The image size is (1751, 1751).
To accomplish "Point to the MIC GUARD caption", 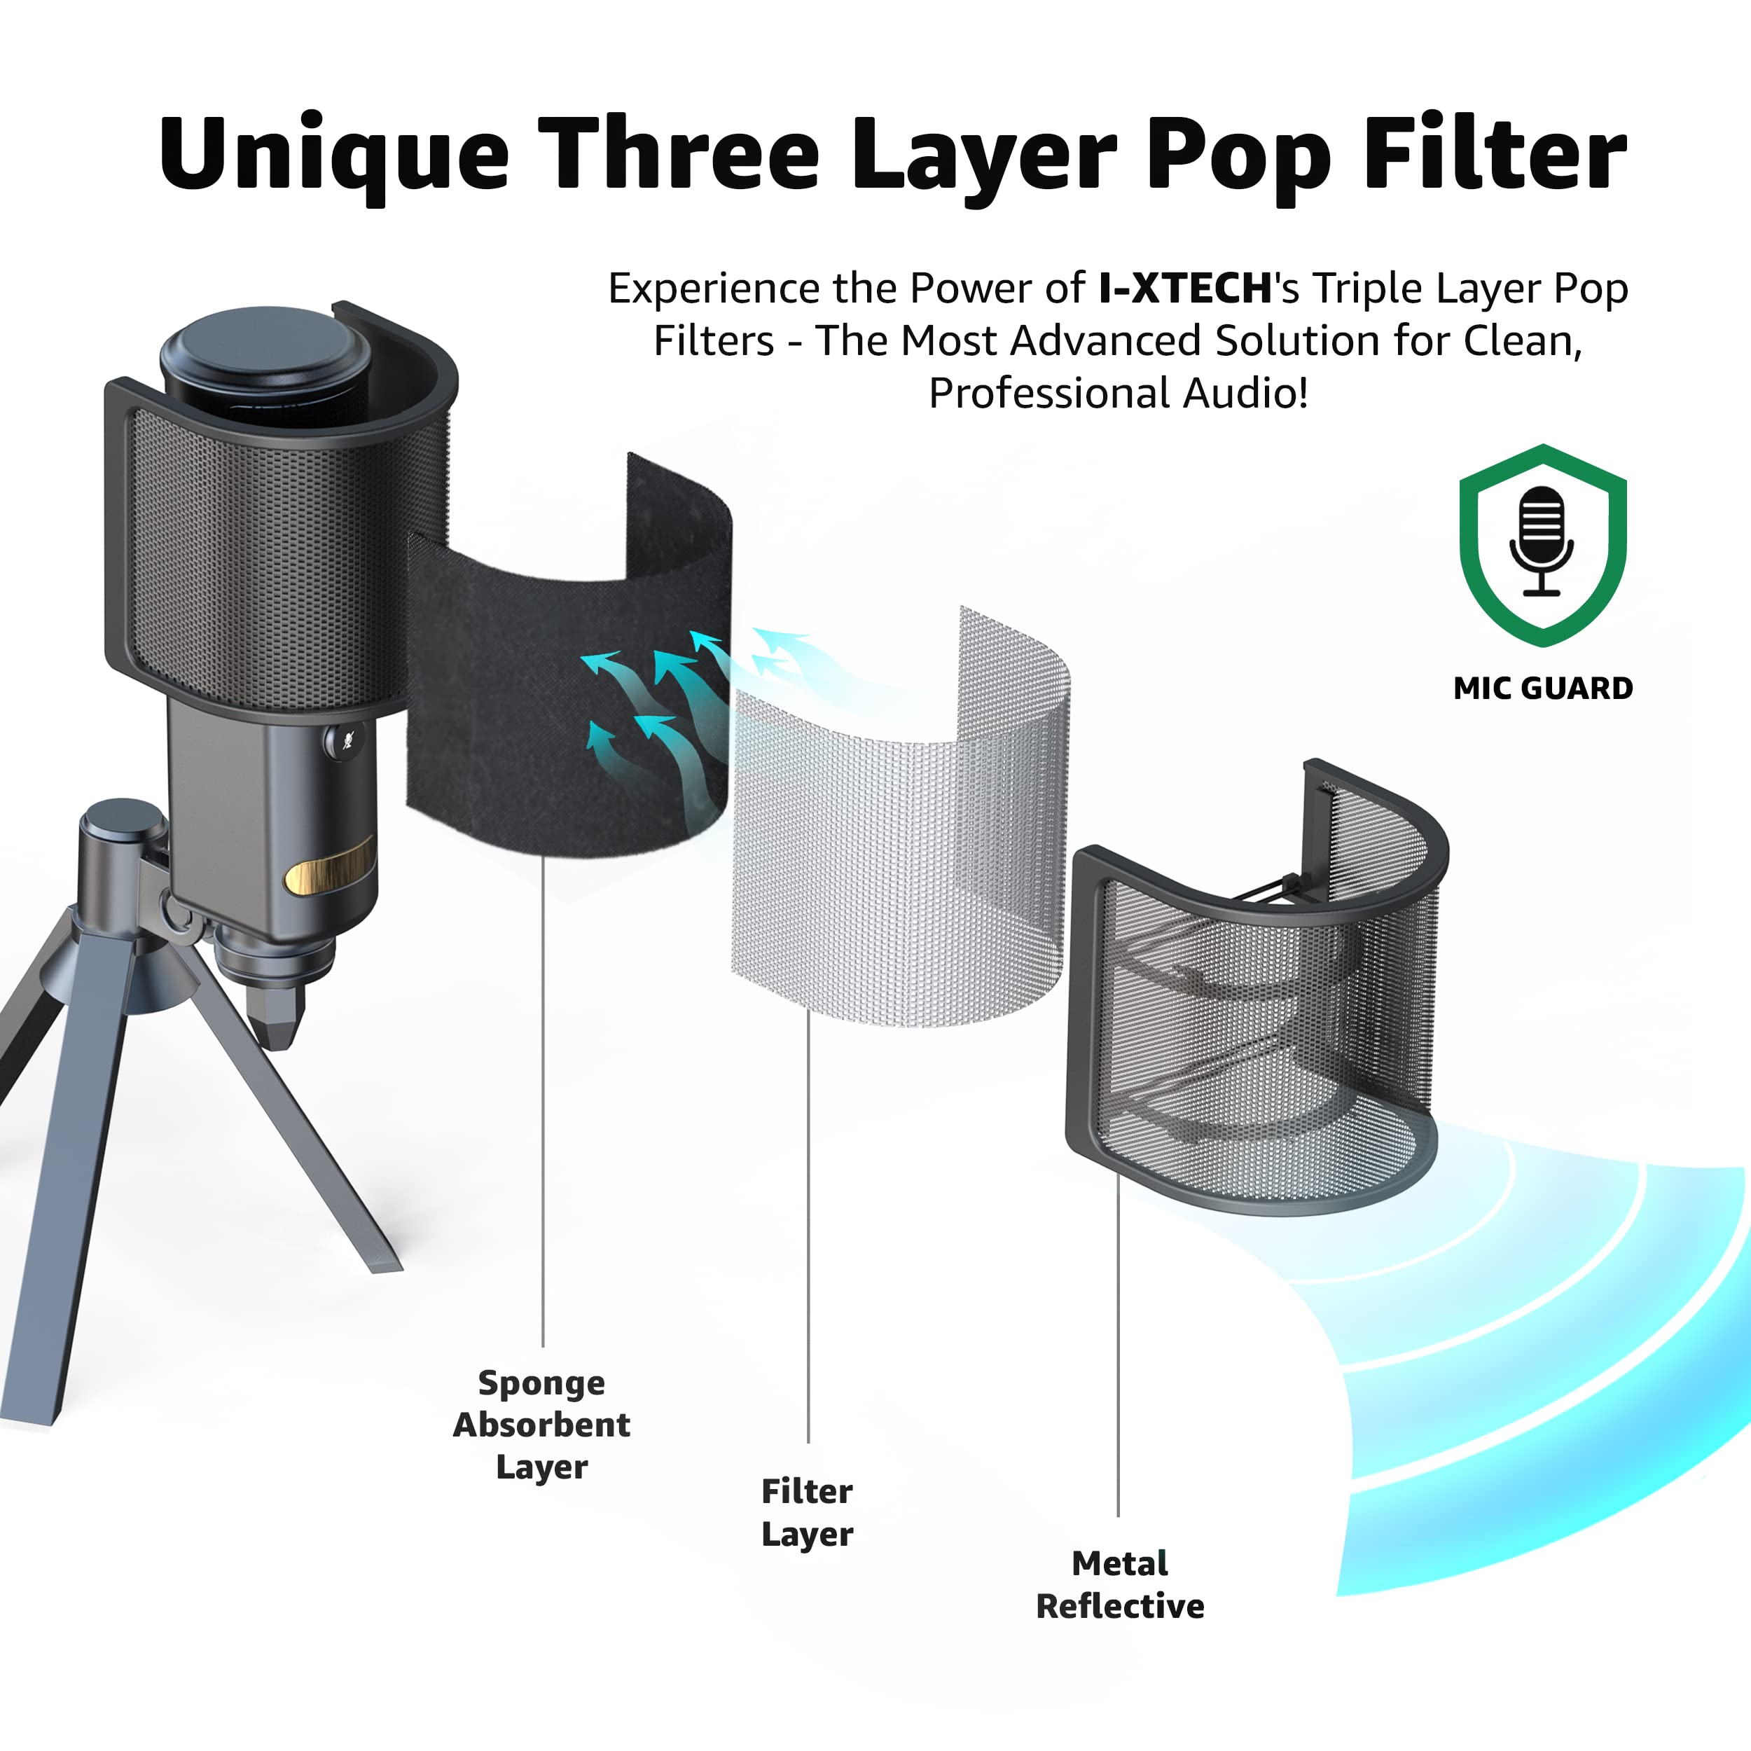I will pos(1542,688).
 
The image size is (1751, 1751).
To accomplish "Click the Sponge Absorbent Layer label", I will pos(541,1424).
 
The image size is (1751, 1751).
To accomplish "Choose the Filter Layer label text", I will pos(807,1511).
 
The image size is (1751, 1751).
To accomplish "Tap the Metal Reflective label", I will pos(1119,1584).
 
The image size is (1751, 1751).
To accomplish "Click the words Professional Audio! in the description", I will pos(1117,394).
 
